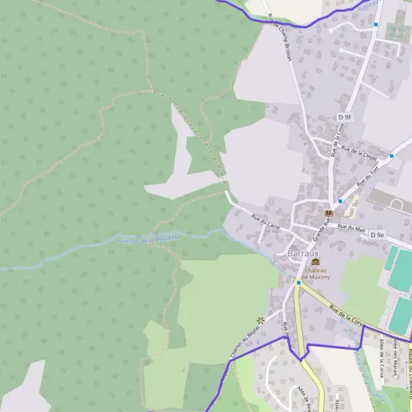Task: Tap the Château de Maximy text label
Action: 315,273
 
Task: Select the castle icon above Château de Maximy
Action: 315,262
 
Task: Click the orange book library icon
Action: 328,213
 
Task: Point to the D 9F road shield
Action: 345,117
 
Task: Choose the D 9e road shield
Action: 378,235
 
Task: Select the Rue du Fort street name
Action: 369,168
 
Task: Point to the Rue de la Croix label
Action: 340,140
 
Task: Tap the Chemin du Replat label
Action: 240,350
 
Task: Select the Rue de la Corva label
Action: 346,314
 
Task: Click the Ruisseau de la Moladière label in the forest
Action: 148,238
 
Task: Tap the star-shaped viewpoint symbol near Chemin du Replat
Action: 260,319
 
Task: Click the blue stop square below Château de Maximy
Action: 299,282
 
